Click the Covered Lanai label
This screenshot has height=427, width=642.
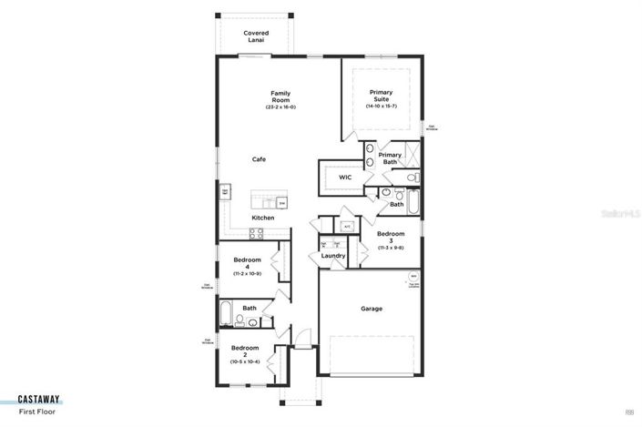point(256,36)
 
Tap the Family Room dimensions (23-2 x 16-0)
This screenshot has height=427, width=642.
point(280,107)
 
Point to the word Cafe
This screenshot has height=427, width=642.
point(260,159)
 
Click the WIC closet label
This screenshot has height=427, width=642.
point(345,178)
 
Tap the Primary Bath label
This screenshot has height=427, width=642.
point(390,158)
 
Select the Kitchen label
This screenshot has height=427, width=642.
point(263,219)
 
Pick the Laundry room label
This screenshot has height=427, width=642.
point(333,256)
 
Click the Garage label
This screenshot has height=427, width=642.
point(371,309)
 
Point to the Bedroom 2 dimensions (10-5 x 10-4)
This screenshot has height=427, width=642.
point(245,361)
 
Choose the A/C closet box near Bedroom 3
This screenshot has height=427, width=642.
point(347,226)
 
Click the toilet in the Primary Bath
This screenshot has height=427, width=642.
point(411,177)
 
